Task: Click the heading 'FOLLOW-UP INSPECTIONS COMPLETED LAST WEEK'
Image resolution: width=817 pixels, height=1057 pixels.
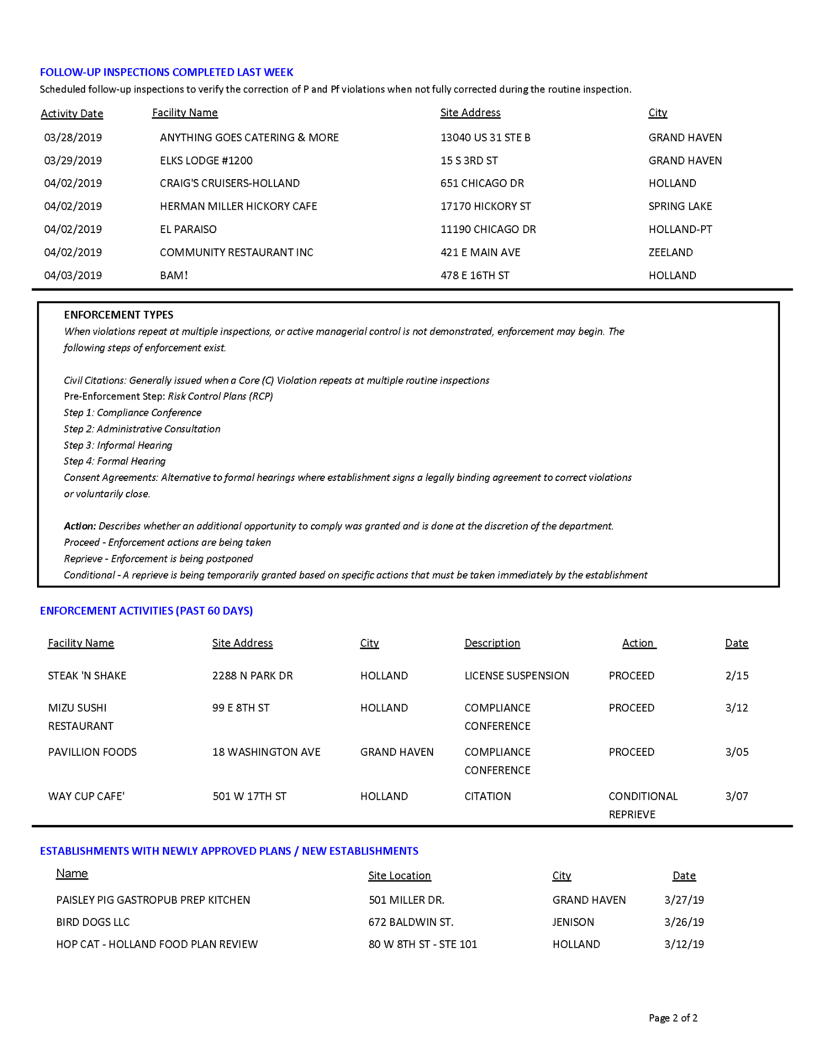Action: click(167, 72)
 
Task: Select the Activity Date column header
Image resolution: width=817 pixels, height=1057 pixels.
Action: click(72, 114)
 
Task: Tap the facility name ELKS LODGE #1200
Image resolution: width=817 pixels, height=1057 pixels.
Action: click(206, 161)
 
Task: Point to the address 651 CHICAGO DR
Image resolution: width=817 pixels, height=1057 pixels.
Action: click(482, 183)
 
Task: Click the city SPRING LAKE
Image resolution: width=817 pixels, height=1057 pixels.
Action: click(680, 206)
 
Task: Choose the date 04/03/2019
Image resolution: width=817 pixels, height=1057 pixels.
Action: click(73, 275)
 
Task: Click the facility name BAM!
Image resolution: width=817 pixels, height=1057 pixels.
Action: click(174, 275)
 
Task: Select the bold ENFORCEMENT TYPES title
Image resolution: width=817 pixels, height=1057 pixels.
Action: click(118, 315)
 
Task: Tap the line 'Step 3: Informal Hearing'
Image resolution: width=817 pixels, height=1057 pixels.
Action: click(118, 446)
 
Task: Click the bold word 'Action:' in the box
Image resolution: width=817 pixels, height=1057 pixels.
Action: click(80, 526)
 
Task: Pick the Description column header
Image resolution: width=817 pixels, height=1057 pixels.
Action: click(492, 643)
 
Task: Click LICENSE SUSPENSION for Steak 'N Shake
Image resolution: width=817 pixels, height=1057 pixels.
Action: click(517, 676)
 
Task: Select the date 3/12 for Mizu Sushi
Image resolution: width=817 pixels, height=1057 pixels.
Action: click(737, 708)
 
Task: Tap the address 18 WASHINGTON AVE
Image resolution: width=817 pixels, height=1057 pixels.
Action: click(267, 752)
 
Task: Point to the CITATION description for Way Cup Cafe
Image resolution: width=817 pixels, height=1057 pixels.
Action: click(488, 796)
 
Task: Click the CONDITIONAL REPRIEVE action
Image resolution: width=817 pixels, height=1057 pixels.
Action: click(642, 805)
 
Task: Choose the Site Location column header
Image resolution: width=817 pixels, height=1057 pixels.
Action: click(399, 876)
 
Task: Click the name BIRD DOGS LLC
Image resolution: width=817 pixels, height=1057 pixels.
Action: click(93, 922)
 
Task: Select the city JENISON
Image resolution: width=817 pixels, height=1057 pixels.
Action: click(573, 922)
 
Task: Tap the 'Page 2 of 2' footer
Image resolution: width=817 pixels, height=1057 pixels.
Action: click(673, 1018)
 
